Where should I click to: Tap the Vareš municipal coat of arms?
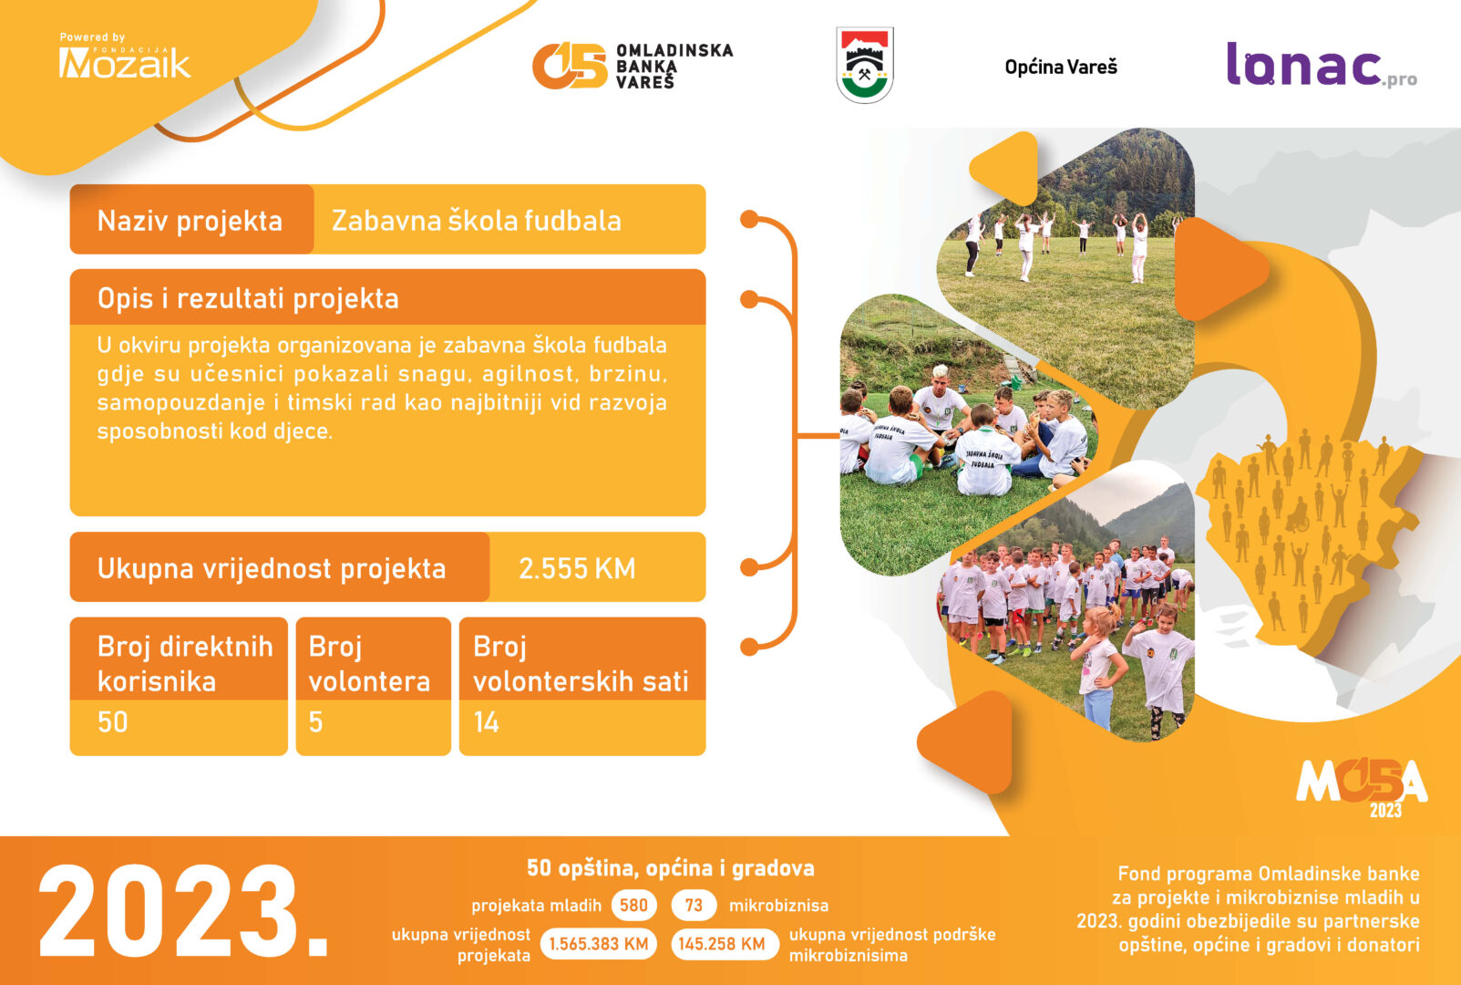[x=865, y=65]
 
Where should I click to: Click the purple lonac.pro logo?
[x=1322, y=65]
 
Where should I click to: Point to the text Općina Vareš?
[x=1061, y=67]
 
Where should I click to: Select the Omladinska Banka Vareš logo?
[x=633, y=66]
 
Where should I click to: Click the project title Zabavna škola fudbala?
[x=476, y=221]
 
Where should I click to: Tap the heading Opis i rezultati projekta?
[x=248, y=298]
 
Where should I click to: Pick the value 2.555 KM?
[x=577, y=568]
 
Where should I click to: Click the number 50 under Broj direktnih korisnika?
[x=113, y=722]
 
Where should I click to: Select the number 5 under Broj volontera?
[x=315, y=722]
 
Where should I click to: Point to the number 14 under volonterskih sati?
[x=487, y=722]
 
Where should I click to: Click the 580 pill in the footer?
[x=633, y=906]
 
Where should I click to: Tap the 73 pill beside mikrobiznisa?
[x=694, y=906]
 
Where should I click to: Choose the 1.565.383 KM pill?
[x=599, y=944]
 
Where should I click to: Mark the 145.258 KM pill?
[x=721, y=944]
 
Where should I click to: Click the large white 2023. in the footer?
[x=183, y=911]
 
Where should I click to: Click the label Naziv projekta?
[x=190, y=222]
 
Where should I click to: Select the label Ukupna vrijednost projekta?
[x=272, y=568]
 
